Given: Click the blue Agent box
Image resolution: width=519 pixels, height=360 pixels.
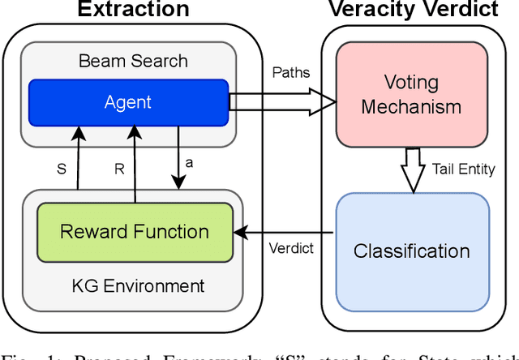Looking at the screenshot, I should [x=129, y=101].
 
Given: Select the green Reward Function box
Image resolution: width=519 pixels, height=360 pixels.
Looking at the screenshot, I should [x=135, y=231].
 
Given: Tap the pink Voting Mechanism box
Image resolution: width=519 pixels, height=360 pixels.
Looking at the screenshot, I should [x=411, y=94].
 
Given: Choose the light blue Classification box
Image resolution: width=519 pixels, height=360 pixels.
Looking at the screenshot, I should [x=412, y=251].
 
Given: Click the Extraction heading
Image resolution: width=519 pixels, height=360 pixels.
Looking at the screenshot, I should [x=132, y=10].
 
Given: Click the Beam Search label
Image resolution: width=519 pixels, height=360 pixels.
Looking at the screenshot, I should [x=133, y=61].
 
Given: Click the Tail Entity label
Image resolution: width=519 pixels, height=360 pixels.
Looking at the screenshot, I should [x=464, y=169].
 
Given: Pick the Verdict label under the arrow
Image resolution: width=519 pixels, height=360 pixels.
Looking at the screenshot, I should [x=290, y=248].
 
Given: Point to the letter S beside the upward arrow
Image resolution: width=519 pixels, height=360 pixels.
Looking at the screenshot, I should [x=61, y=170].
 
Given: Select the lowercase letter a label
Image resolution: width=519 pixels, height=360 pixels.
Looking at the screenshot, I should [x=189, y=162].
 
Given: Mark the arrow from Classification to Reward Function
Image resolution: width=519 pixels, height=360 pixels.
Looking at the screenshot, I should [x=285, y=232].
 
